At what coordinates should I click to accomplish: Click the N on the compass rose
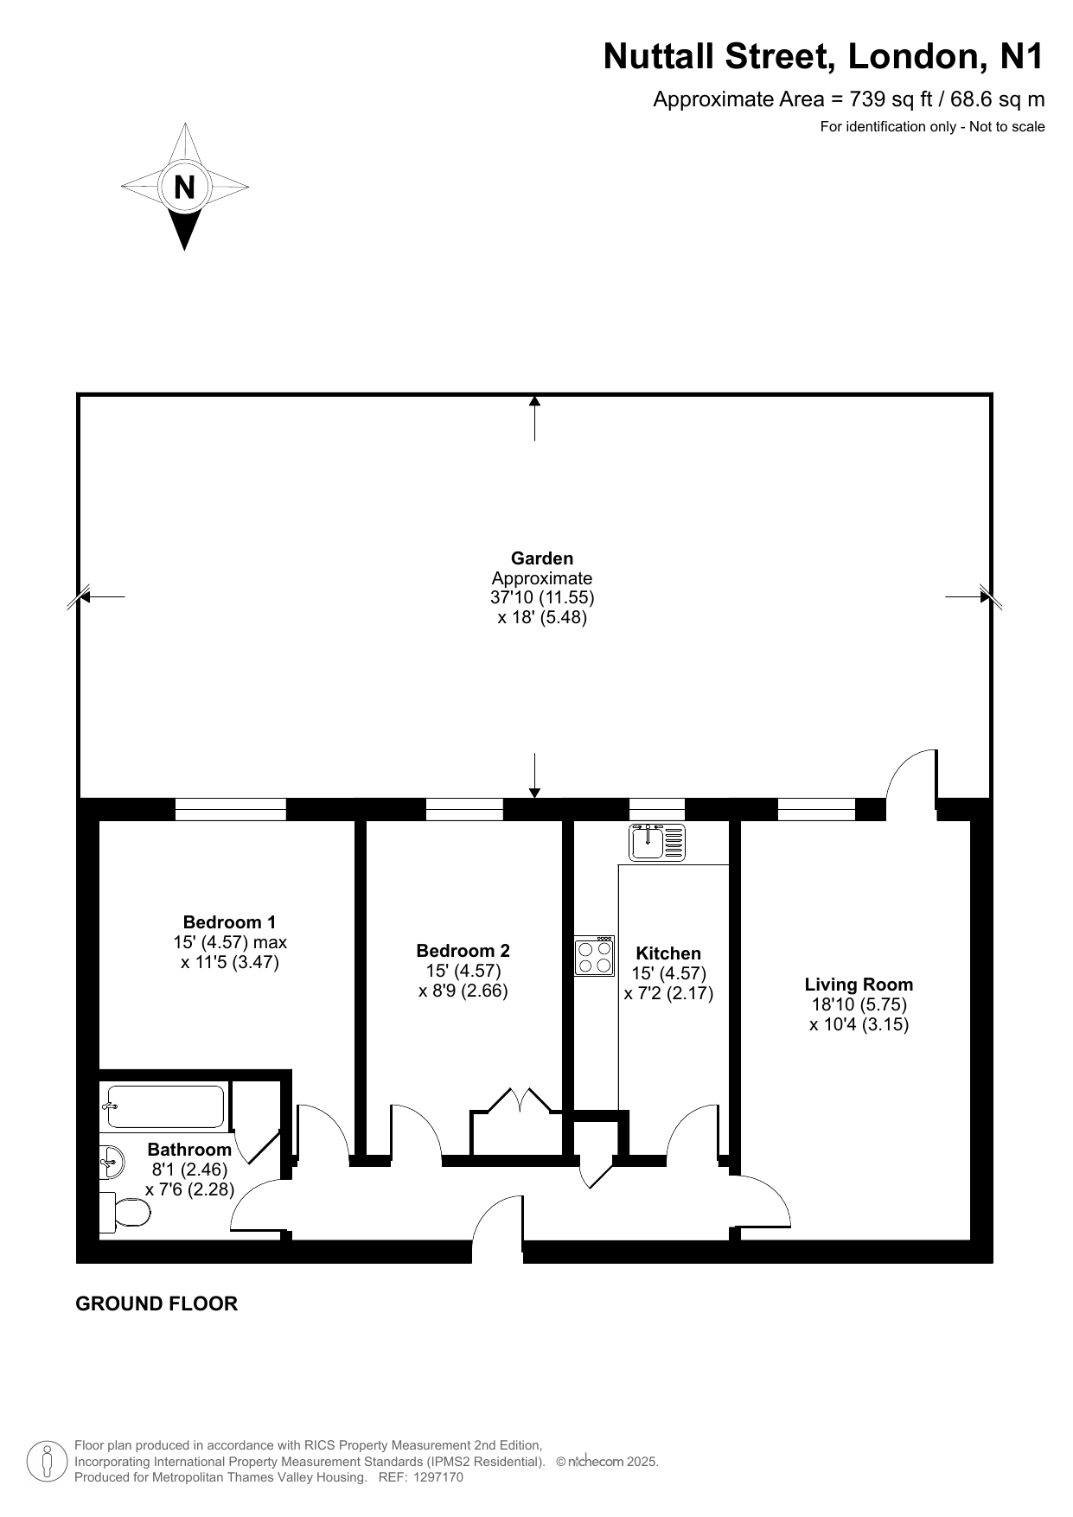pyautogui.click(x=184, y=187)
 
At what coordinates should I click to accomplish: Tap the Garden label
pyautogui.click(x=542, y=558)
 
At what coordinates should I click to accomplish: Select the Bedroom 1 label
pyautogui.click(x=229, y=922)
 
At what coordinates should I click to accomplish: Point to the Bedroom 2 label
pyautogui.click(x=463, y=951)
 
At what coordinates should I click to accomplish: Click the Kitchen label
pyautogui.click(x=668, y=953)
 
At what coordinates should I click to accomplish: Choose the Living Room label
pyautogui.click(x=859, y=985)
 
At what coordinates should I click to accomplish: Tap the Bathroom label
pyautogui.click(x=189, y=1150)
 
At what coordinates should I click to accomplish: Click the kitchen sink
pyautogui.click(x=657, y=843)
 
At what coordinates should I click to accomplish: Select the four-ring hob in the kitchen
pyautogui.click(x=595, y=956)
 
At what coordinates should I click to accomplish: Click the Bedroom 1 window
pyautogui.click(x=231, y=809)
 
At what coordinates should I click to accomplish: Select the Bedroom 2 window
pyautogui.click(x=464, y=809)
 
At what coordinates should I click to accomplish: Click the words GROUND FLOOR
pyautogui.click(x=156, y=1303)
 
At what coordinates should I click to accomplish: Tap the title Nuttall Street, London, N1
pyautogui.click(x=823, y=56)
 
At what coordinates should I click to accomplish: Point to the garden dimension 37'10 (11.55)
pyautogui.click(x=542, y=597)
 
